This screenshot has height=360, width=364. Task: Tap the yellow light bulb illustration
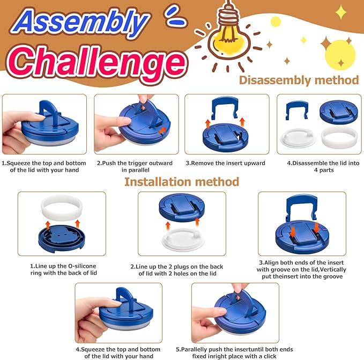pos(229,35)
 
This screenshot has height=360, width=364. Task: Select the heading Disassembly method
pos(299,80)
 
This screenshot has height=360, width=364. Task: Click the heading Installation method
pos(182,182)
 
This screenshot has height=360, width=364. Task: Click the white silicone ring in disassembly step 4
pos(339,138)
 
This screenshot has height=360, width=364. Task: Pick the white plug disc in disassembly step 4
pos(298,138)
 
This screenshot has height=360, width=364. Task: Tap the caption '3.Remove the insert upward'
pos(225,163)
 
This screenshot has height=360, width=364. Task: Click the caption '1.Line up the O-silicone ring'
pos(63,269)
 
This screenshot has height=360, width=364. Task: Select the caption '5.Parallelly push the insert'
pos(234,352)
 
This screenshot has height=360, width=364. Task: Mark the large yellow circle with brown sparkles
pos(340,55)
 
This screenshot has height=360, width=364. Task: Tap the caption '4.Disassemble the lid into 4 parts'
pos(323,166)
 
